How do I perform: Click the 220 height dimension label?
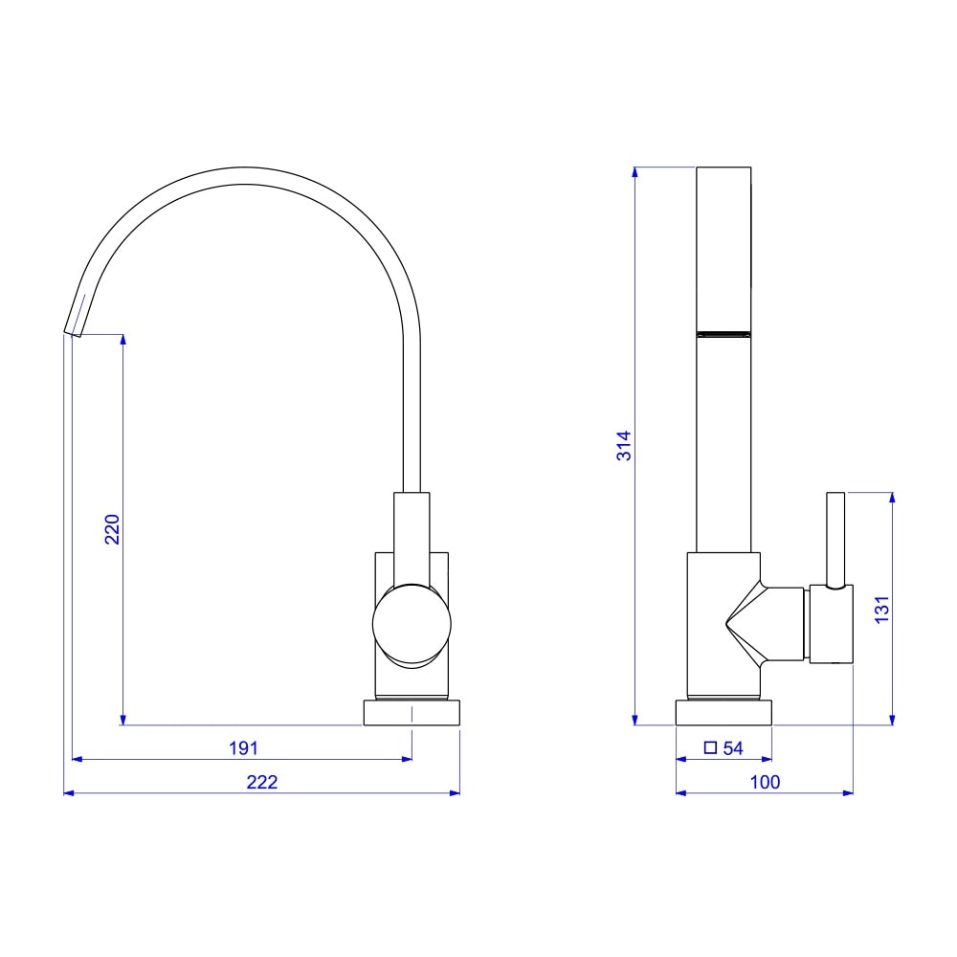click(x=112, y=529)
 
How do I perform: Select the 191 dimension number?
click(x=243, y=747)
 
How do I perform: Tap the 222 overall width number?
click(x=261, y=782)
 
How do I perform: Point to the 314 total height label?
click(x=624, y=446)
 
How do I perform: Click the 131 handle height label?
click(x=882, y=610)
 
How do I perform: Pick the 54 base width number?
click(x=733, y=748)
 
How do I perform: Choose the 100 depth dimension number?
click(x=765, y=782)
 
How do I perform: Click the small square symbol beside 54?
click(x=709, y=748)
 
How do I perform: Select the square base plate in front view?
click(x=412, y=713)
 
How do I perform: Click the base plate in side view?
click(x=723, y=713)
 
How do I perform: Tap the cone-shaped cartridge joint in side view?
click(x=746, y=622)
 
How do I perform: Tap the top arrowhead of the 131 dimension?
click(x=892, y=497)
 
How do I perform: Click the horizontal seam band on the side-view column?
click(x=723, y=333)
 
